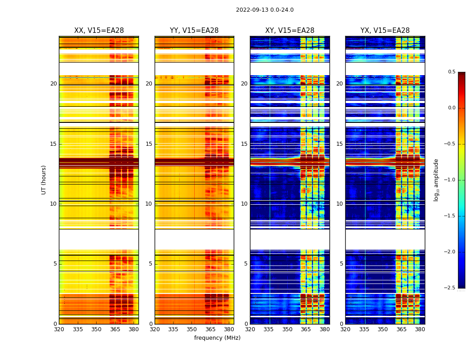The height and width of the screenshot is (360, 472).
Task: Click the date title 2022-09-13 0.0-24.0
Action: pyautogui.click(x=264, y=10)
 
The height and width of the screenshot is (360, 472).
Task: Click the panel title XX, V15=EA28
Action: pyautogui.click(x=99, y=31)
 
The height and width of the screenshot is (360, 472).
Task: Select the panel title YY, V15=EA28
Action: pyautogui.click(x=194, y=31)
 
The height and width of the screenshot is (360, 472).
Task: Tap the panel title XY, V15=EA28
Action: pyautogui.click(x=289, y=31)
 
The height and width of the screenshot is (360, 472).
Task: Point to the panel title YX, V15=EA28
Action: pyautogui.click(x=385, y=31)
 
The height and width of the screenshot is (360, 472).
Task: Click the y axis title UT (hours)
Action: pyautogui.click(x=44, y=180)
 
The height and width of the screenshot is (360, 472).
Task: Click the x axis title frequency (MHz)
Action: pyautogui.click(x=217, y=338)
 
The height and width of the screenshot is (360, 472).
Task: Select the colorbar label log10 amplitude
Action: pyautogui.click(x=436, y=180)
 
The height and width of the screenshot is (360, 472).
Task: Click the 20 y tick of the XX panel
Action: pyautogui.click(x=53, y=84)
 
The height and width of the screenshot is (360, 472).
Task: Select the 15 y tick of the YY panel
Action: pyautogui.click(x=149, y=144)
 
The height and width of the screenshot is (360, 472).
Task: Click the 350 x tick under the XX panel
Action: pyautogui.click(x=96, y=329)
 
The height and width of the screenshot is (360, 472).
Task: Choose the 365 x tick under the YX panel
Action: pyautogui.click(x=401, y=329)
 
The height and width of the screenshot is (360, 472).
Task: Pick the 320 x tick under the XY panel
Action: pyautogui.click(x=250, y=329)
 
